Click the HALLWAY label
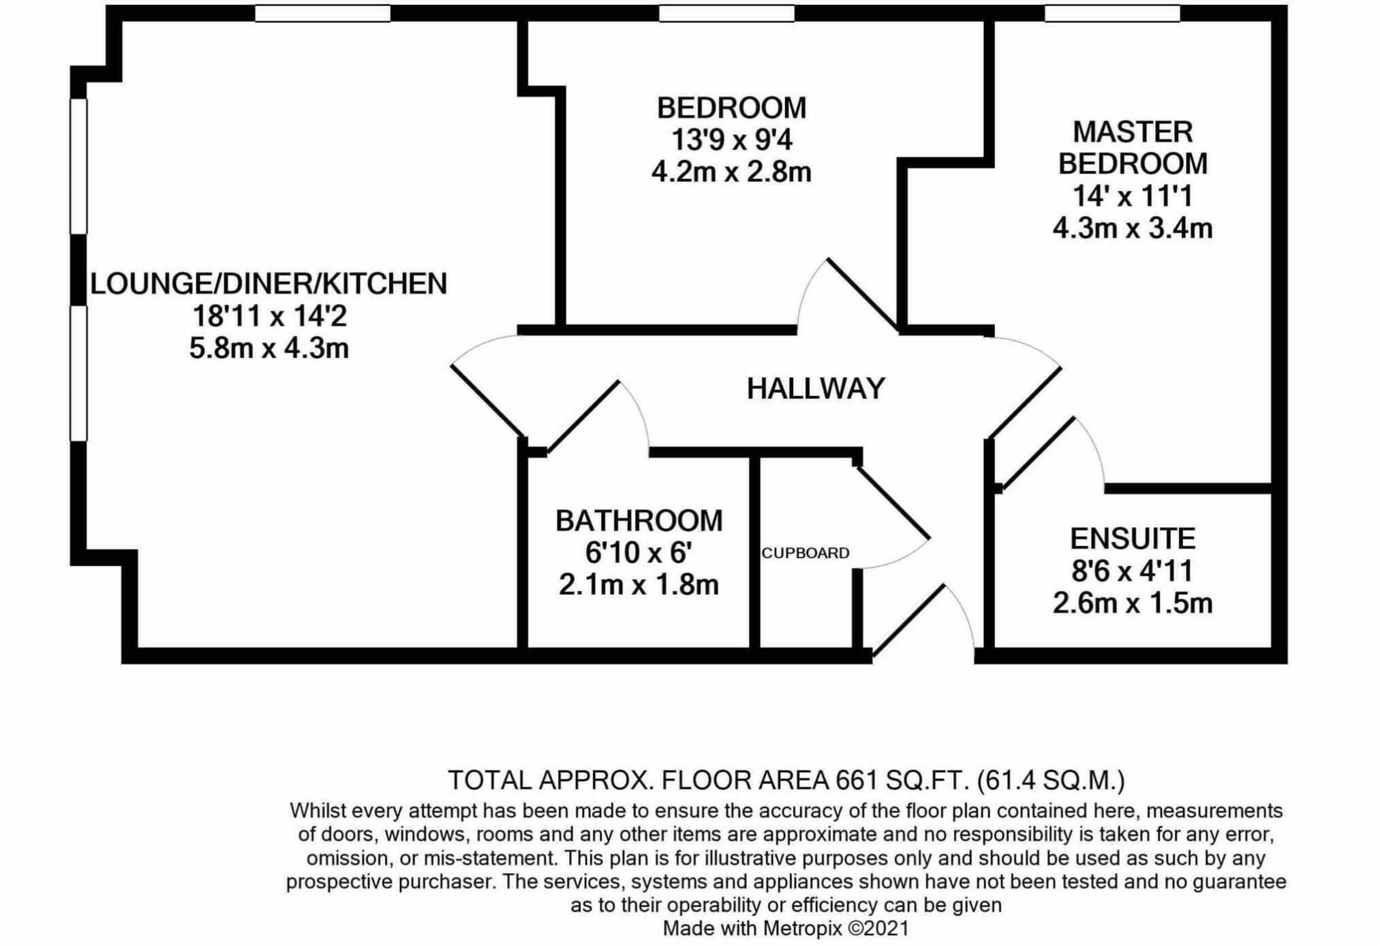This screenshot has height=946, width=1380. point(816,388)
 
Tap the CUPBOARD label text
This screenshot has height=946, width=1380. point(805,553)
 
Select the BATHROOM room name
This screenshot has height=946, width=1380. point(639,521)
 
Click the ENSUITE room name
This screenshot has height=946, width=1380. point(1133,538)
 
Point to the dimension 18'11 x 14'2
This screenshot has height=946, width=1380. point(269,316)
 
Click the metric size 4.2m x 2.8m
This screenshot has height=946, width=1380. point(731,172)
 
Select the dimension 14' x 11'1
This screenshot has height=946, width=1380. point(1133,196)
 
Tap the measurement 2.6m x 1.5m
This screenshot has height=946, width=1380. point(1133,603)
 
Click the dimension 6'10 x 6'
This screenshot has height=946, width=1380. point(639,553)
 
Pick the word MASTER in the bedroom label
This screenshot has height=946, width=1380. point(1133,132)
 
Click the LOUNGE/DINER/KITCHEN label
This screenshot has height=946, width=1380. point(269,284)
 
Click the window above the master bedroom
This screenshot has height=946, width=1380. point(1112,14)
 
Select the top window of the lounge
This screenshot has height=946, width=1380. point(322,14)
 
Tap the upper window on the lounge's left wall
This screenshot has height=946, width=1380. point(79,166)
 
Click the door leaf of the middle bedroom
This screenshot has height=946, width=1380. point(862,294)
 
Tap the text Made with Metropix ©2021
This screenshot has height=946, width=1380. point(786,928)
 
